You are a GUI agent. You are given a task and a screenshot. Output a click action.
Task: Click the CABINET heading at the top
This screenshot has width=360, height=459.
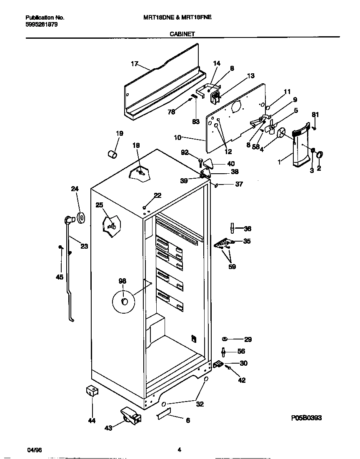click(x=182, y=35)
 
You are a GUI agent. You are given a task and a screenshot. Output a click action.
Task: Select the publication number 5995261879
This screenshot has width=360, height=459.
click(x=42, y=25)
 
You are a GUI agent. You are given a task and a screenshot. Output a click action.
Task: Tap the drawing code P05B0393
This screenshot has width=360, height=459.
click(x=306, y=417)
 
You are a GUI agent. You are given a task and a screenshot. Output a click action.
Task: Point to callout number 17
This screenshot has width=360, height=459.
click(x=134, y=64)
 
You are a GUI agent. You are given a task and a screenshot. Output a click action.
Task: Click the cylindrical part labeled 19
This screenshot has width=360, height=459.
click(x=111, y=155)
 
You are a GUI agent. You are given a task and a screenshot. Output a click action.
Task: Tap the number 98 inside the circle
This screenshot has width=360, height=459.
click(x=122, y=281)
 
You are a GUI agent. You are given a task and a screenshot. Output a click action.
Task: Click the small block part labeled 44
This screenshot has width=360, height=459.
click(x=92, y=391)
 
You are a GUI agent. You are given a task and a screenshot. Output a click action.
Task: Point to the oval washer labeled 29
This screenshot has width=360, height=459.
click(x=225, y=339)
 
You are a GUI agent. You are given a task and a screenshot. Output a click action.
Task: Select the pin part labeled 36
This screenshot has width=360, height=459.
click(x=232, y=228)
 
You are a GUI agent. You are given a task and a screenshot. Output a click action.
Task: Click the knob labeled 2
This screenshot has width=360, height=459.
click(x=320, y=155)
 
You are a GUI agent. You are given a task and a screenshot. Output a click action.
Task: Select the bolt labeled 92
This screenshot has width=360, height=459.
click(x=200, y=160)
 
